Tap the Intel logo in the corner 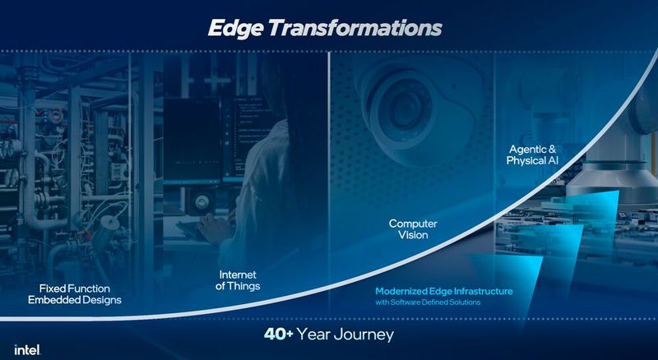[x=27, y=349]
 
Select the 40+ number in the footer [x=280, y=335]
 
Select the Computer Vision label [x=415, y=228]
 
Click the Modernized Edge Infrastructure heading [x=444, y=291]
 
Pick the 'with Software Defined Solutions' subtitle [x=428, y=302]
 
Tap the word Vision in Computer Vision [x=415, y=235]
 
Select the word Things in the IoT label [x=245, y=287]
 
